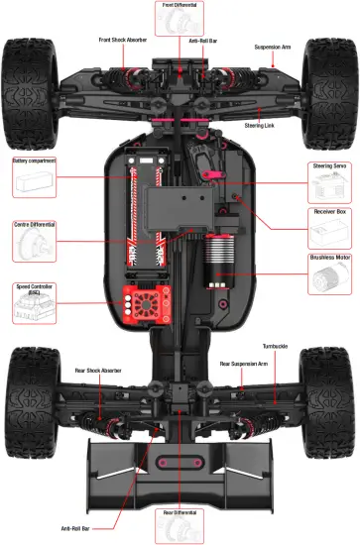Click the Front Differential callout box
pos(179,17)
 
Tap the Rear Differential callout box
pos(179,525)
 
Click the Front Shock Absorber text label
pos(124,40)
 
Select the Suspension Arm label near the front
pos(273,47)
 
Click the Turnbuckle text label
pos(276,346)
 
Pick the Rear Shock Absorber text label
pos(98,370)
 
